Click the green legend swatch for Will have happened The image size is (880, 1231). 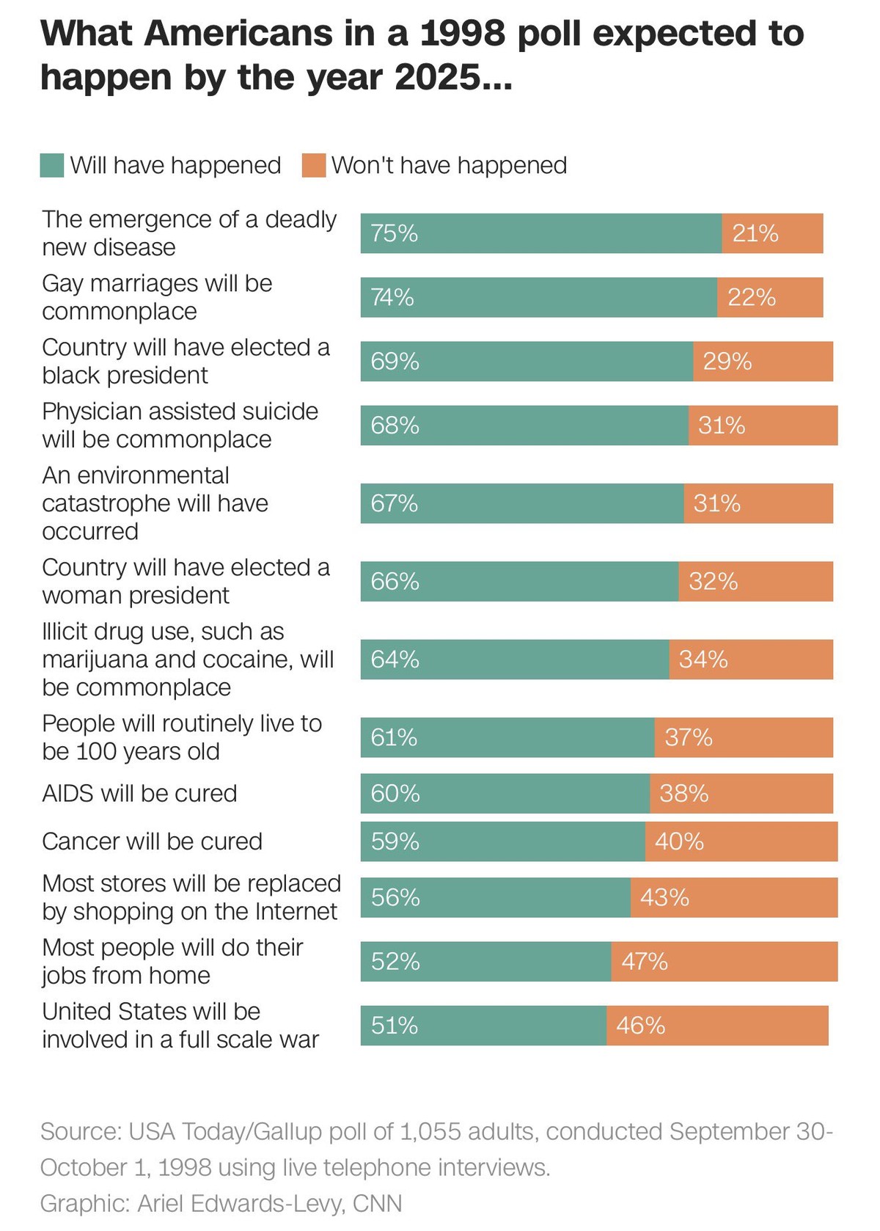[x=52, y=165]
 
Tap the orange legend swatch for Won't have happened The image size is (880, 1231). [x=314, y=165]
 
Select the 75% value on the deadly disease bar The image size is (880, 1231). [x=394, y=233]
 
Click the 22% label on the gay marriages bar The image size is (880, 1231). [x=752, y=297]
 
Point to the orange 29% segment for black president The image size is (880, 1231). [x=763, y=361]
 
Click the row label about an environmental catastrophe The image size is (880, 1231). [x=155, y=503]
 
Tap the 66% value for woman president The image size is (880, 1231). [x=395, y=581]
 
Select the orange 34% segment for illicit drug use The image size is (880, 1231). [x=751, y=660]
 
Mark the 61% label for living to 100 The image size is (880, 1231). [x=394, y=737]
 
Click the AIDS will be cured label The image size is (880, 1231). [x=139, y=793]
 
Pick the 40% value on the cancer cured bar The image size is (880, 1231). [x=679, y=841]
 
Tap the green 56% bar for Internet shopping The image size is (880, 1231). [x=496, y=897]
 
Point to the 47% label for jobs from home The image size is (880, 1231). [x=645, y=961]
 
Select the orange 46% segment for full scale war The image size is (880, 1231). [x=717, y=1025]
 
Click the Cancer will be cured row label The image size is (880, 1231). [x=152, y=841]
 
